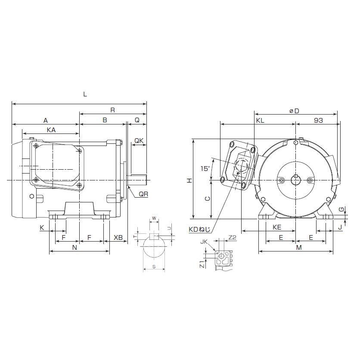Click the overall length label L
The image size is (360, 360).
click(x=85, y=94)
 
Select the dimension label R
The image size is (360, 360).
click(x=112, y=110)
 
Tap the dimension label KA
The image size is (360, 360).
click(x=50, y=129)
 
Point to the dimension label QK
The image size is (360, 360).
click(x=139, y=141)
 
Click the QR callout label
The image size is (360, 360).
click(x=143, y=194)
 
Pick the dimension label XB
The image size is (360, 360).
click(x=118, y=237)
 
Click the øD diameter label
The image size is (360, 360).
click(x=294, y=111)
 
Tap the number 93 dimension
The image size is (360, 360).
click(x=318, y=121)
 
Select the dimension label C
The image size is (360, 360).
click(x=207, y=199)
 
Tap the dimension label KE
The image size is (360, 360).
click(x=277, y=227)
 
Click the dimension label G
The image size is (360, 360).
click(x=341, y=209)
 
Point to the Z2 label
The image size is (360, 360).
click(x=232, y=237)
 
